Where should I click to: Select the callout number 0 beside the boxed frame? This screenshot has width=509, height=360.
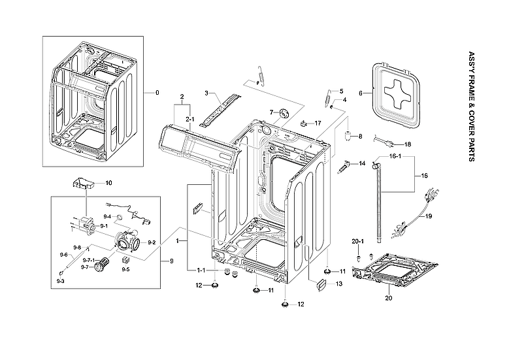(x=157, y=92)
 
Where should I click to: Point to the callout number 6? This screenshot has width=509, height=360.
(x=360, y=93)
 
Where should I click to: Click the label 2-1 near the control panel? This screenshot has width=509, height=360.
(x=190, y=119)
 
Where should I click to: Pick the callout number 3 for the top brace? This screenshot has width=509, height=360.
(x=207, y=93)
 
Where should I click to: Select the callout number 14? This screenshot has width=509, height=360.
(x=362, y=163)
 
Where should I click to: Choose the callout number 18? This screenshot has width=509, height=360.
(x=408, y=144)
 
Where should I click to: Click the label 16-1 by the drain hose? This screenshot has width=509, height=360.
(x=395, y=157)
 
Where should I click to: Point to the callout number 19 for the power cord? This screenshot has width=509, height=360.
(x=429, y=216)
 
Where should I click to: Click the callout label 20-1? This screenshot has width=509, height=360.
(x=357, y=241)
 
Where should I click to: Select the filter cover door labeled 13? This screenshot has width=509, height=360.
(x=320, y=284)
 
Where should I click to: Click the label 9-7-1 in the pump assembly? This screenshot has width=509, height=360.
(x=88, y=259)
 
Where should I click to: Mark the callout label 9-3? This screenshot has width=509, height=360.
(x=60, y=280)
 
